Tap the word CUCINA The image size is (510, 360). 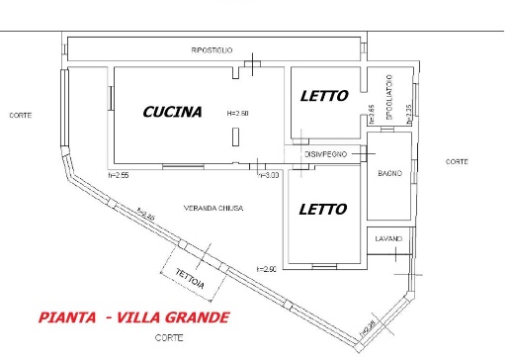click(x=172, y=112)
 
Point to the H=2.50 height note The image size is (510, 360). click(x=237, y=113)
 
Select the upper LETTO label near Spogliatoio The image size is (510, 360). click(x=323, y=96)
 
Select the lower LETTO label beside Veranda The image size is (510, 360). click(x=322, y=210)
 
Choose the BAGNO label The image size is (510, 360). click(x=389, y=174)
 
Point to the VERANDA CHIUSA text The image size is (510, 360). click(x=212, y=208)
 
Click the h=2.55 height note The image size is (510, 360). click(x=119, y=175)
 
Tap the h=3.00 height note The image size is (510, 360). click(x=270, y=175)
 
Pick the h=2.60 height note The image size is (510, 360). click(x=265, y=269)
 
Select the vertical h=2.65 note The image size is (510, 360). click(x=371, y=113)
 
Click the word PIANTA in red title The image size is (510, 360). click(x=68, y=317)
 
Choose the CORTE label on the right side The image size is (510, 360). click(x=456, y=161)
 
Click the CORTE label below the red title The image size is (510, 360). click(x=167, y=338)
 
